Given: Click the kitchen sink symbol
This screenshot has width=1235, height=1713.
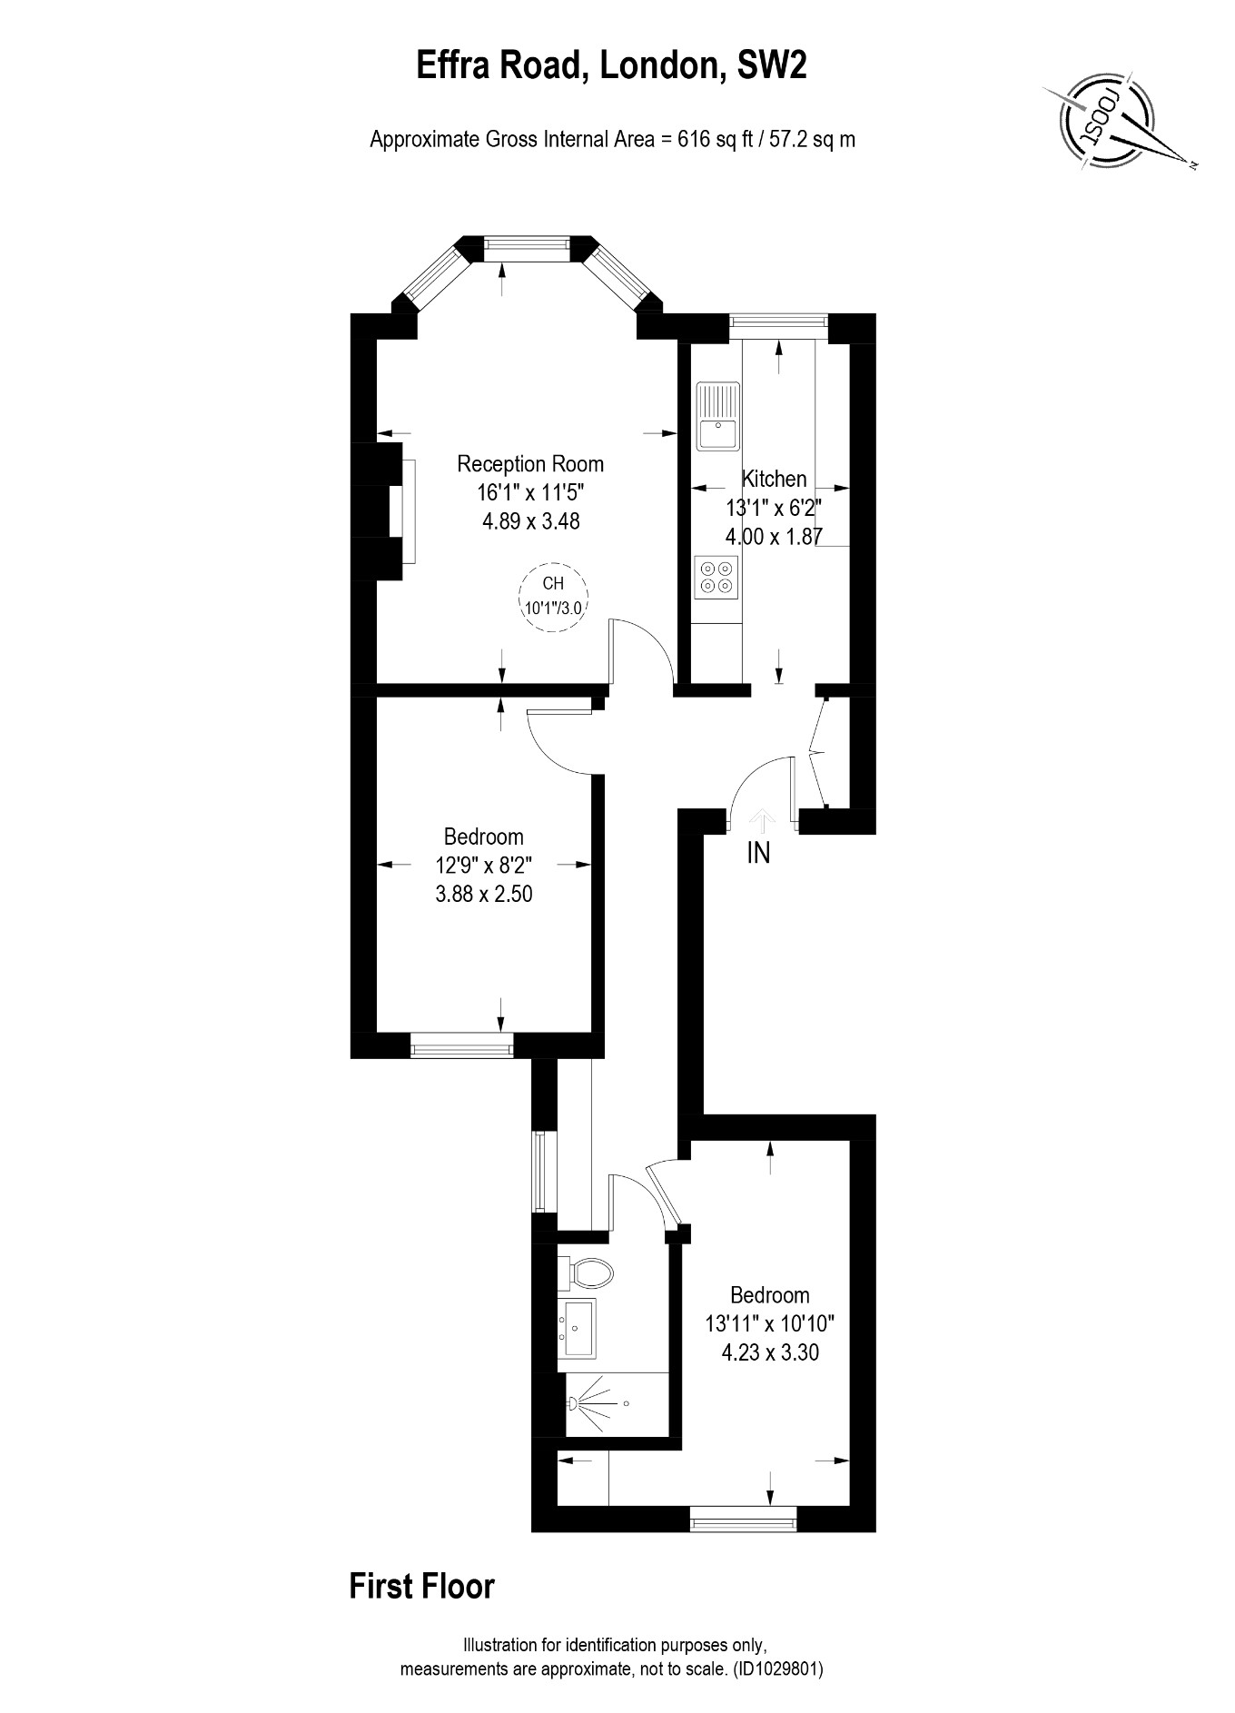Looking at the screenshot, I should pos(718,416).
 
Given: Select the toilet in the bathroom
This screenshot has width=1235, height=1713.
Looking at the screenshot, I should pos(588,1273).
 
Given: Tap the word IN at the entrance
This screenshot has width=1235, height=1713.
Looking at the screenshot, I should pos(758,853).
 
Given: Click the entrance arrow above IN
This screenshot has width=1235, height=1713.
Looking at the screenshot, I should pos(761,820).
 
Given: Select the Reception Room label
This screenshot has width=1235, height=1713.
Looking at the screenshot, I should pos(530,464).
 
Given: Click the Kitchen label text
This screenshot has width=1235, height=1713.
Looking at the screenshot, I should pos(774,479).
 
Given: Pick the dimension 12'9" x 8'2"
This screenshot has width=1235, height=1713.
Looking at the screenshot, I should pos(484,865).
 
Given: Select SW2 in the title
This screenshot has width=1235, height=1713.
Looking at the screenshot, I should pos(771,66).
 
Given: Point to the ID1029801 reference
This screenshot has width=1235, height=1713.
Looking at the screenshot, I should pos(777,1668).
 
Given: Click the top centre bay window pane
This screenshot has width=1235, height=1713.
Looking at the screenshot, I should pos(527,243).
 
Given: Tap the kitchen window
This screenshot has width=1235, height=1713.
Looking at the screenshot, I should pos(779,320).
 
